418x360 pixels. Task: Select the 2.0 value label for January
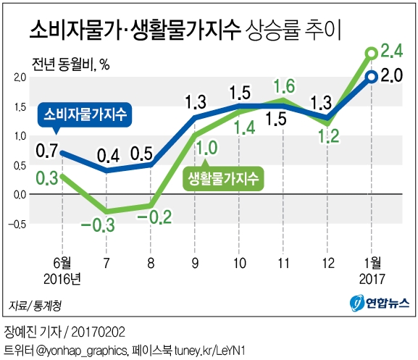[x=392, y=76]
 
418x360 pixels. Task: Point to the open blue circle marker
[x=371, y=77]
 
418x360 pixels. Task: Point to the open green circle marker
[x=371, y=53]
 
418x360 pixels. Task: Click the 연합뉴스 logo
[x=379, y=303]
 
